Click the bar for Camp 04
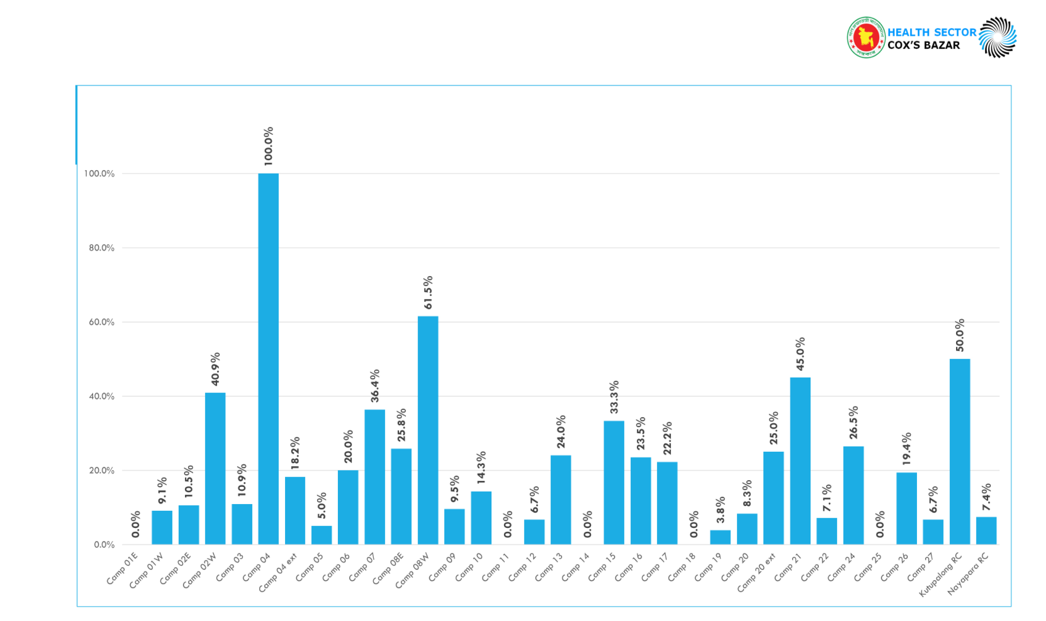pyautogui.click(x=268, y=359)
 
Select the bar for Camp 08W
pyautogui.click(x=428, y=430)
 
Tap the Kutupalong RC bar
pyautogui.click(x=960, y=452)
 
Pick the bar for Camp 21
pyautogui.click(x=800, y=461)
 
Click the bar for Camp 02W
pyautogui.click(x=215, y=468)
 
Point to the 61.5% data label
pyautogui.click(x=428, y=293)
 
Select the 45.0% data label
pyautogui.click(x=800, y=354)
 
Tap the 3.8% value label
pyautogui.click(x=720, y=510)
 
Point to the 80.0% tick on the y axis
pyautogui.click(x=101, y=248)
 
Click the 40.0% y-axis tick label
pyautogui.click(x=101, y=396)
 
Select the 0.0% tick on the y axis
pyautogui.click(x=104, y=544)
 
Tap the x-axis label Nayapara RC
pyautogui.click(x=968, y=573)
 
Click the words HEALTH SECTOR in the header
pyautogui.click(x=931, y=32)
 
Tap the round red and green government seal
pyautogui.click(x=865, y=38)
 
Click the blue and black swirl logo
pyautogui.click(x=998, y=37)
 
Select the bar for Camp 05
pyautogui.click(x=321, y=535)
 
